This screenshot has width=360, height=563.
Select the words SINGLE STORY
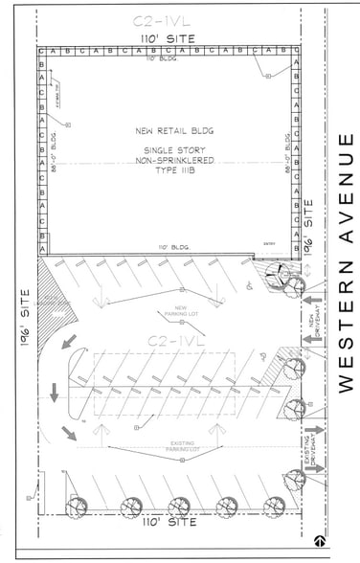point(168,151)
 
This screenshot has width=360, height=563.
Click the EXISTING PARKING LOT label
point(182,446)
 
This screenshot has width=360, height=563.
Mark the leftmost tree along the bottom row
point(73,507)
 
